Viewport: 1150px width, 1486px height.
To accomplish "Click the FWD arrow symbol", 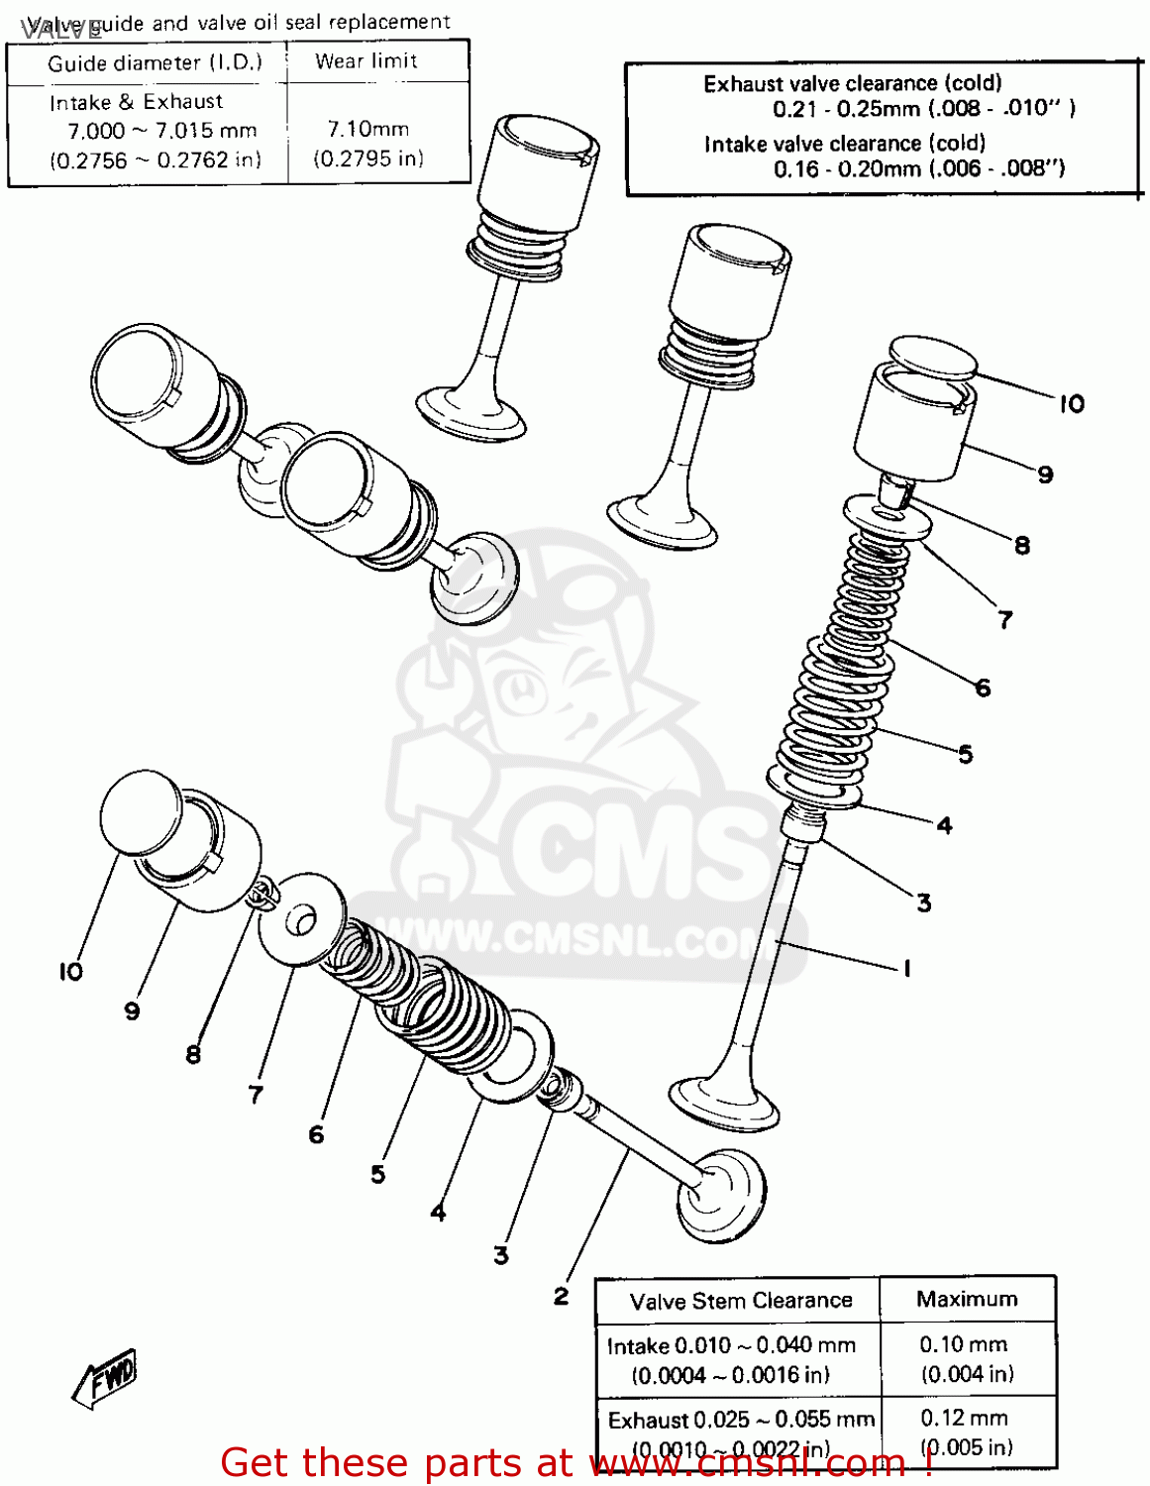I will (x=106, y=1377).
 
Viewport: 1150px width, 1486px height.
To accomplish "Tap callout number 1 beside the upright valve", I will (x=906, y=968).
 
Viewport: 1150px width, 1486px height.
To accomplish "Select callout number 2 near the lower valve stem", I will (x=561, y=1296).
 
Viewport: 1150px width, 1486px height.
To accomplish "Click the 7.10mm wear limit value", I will (x=367, y=129).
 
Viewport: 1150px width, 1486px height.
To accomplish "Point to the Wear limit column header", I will (x=366, y=61).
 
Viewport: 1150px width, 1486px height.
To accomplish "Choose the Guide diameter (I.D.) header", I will (x=155, y=63).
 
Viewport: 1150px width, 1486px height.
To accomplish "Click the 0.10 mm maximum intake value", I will (x=963, y=1344).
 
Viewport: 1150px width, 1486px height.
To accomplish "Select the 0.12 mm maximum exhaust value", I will (x=963, y=1418).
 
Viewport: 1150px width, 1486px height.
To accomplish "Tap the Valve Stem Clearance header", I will (x=740, y=1301).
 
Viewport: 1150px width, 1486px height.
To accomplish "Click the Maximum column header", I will (x=966, y=1299).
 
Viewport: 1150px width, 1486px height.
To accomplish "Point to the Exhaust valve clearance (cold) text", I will (x=852, y=84).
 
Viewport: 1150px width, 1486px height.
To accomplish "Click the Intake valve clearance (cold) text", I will (x=844, y=144).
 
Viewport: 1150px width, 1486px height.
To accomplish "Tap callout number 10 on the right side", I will (x=1072, y=404).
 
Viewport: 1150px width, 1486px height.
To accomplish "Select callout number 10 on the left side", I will (x=70, y=972).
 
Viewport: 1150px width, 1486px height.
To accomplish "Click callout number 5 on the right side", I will (x=965, y=755).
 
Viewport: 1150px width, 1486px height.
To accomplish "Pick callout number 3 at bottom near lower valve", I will (x=501, y=1255).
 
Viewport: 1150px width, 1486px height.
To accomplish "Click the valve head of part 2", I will (x=721, y=1194).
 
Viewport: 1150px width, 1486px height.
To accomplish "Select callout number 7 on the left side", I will (x=256, y=1095).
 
